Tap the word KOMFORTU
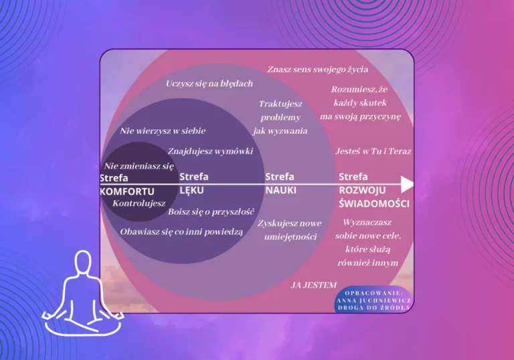[x=122, y=191]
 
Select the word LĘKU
[x=191, y=190]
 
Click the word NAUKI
[x=280, y=190]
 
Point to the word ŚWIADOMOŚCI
[x=374, y=203]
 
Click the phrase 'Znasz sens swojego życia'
[x=317, y=69]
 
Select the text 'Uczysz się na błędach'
[x=209, y=84]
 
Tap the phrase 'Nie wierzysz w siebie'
[x=163, y=131]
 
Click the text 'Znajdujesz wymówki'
[x=210, y=151]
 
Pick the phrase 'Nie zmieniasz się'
[x=139, y=166]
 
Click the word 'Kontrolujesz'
[x=139, y=203]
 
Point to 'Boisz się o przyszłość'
[x=211, y=211]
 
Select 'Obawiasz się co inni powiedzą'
[x=181, y=232]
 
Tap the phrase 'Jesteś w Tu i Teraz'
[x=373, y=151]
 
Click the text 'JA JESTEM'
[x=313, y=284]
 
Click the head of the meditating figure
[x=83, y=262]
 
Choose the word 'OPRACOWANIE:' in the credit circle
[x=373, y=292]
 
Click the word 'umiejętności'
[x=290, y=236]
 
